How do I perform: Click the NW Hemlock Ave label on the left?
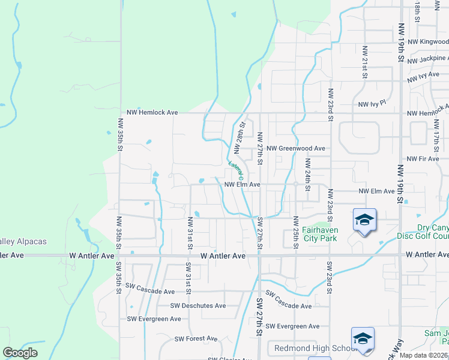[x=152, y=113]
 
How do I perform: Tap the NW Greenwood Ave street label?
[x=296, y=148]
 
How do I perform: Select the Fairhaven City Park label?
[x=311, y=233]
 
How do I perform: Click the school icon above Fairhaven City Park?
[x=364, y=220]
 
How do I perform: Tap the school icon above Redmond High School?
[x=363, y=339]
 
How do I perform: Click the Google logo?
[x=20, y=353]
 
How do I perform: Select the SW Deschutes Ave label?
[x=198, y=305]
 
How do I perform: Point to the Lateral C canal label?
[x=235, y=171]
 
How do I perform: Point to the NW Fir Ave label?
[x=423, y=159]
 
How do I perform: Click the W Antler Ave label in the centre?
[x=223, y=256]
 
